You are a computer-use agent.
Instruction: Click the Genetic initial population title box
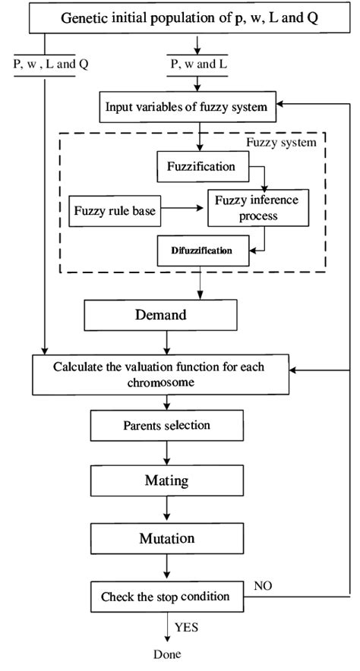tap(180, 18)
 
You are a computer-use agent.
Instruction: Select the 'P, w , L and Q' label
tap(51, 65)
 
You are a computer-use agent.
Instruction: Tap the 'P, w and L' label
tap(199, 65)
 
